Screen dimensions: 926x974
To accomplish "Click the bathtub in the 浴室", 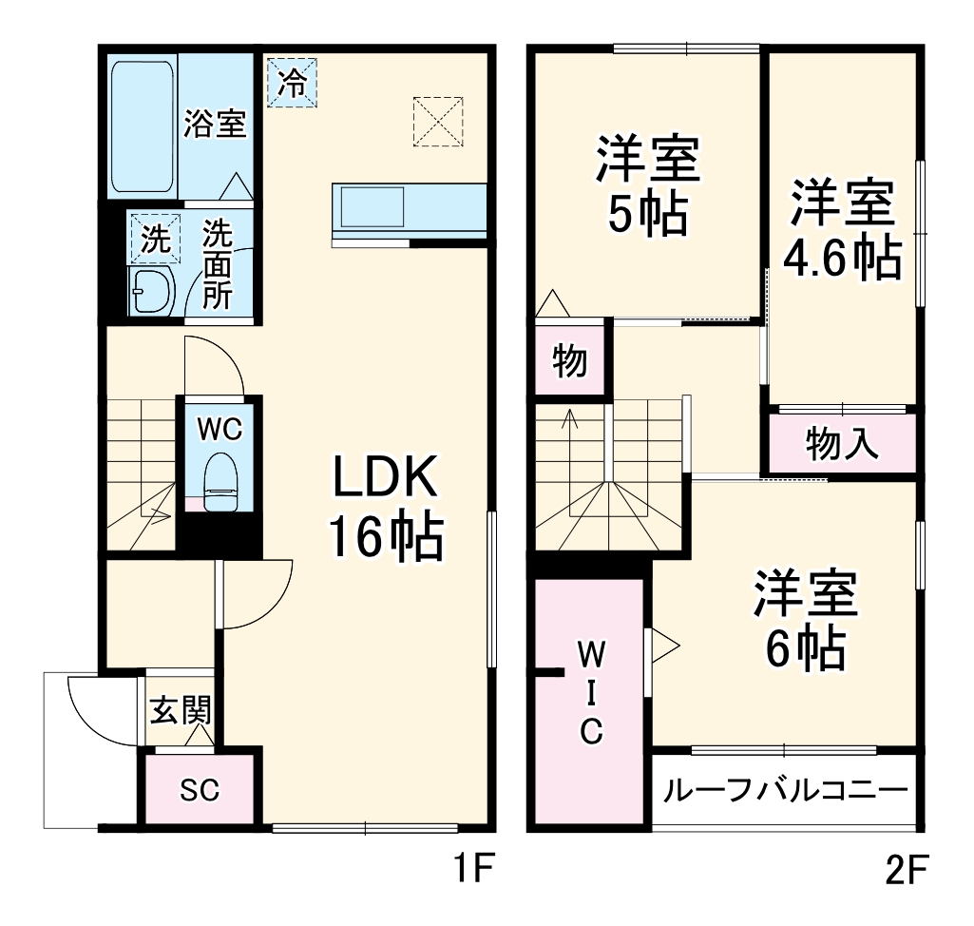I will coord(142,126).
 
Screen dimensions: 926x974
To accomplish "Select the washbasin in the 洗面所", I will coord(148,289).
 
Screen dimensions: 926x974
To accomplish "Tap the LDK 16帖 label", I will coord(384,509).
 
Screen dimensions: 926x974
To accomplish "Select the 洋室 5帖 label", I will coord(648,187).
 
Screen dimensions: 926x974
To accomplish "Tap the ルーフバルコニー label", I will coord(784,791).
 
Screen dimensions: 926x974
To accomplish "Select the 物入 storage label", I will coord(841,443).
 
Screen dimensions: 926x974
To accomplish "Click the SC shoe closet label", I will coord(200,789).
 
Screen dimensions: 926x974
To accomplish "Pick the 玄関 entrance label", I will coord(179,709).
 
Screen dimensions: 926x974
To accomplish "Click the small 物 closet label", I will coord(569,362).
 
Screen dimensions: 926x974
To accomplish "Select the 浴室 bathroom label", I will coord(215,125).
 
